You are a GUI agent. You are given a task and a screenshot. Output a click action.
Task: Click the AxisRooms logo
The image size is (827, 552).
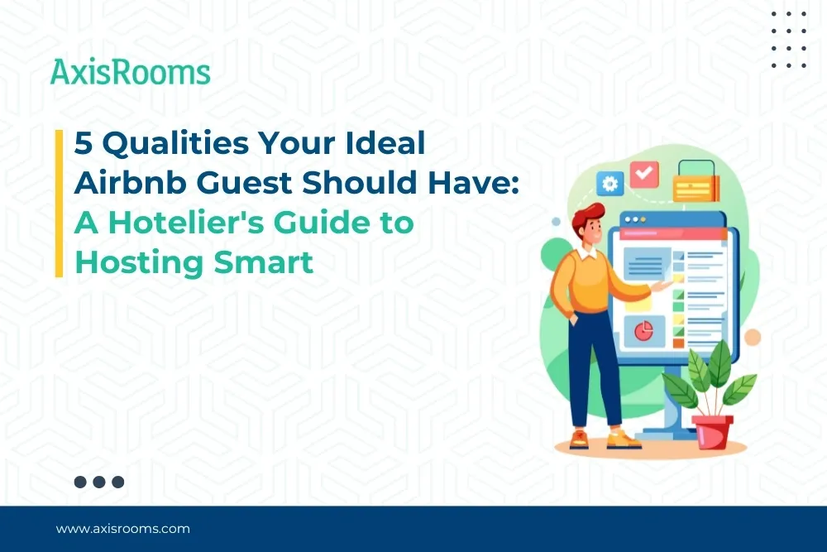pos(131,72)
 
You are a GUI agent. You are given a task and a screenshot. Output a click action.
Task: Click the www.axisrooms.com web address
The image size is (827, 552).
pos(123,528)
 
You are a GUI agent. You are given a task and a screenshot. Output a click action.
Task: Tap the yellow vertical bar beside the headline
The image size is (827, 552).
pos(60,203)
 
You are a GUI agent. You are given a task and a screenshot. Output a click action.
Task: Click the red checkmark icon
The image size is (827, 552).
pos(644,174)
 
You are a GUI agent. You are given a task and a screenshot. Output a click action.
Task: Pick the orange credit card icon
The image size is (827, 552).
pos(696,186)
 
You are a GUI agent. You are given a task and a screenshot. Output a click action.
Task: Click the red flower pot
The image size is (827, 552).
pos(713,430)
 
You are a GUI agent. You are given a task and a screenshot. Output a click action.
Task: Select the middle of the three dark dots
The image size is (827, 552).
pos(99,482)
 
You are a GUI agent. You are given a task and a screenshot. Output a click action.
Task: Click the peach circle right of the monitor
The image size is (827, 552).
pos(752,337)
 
